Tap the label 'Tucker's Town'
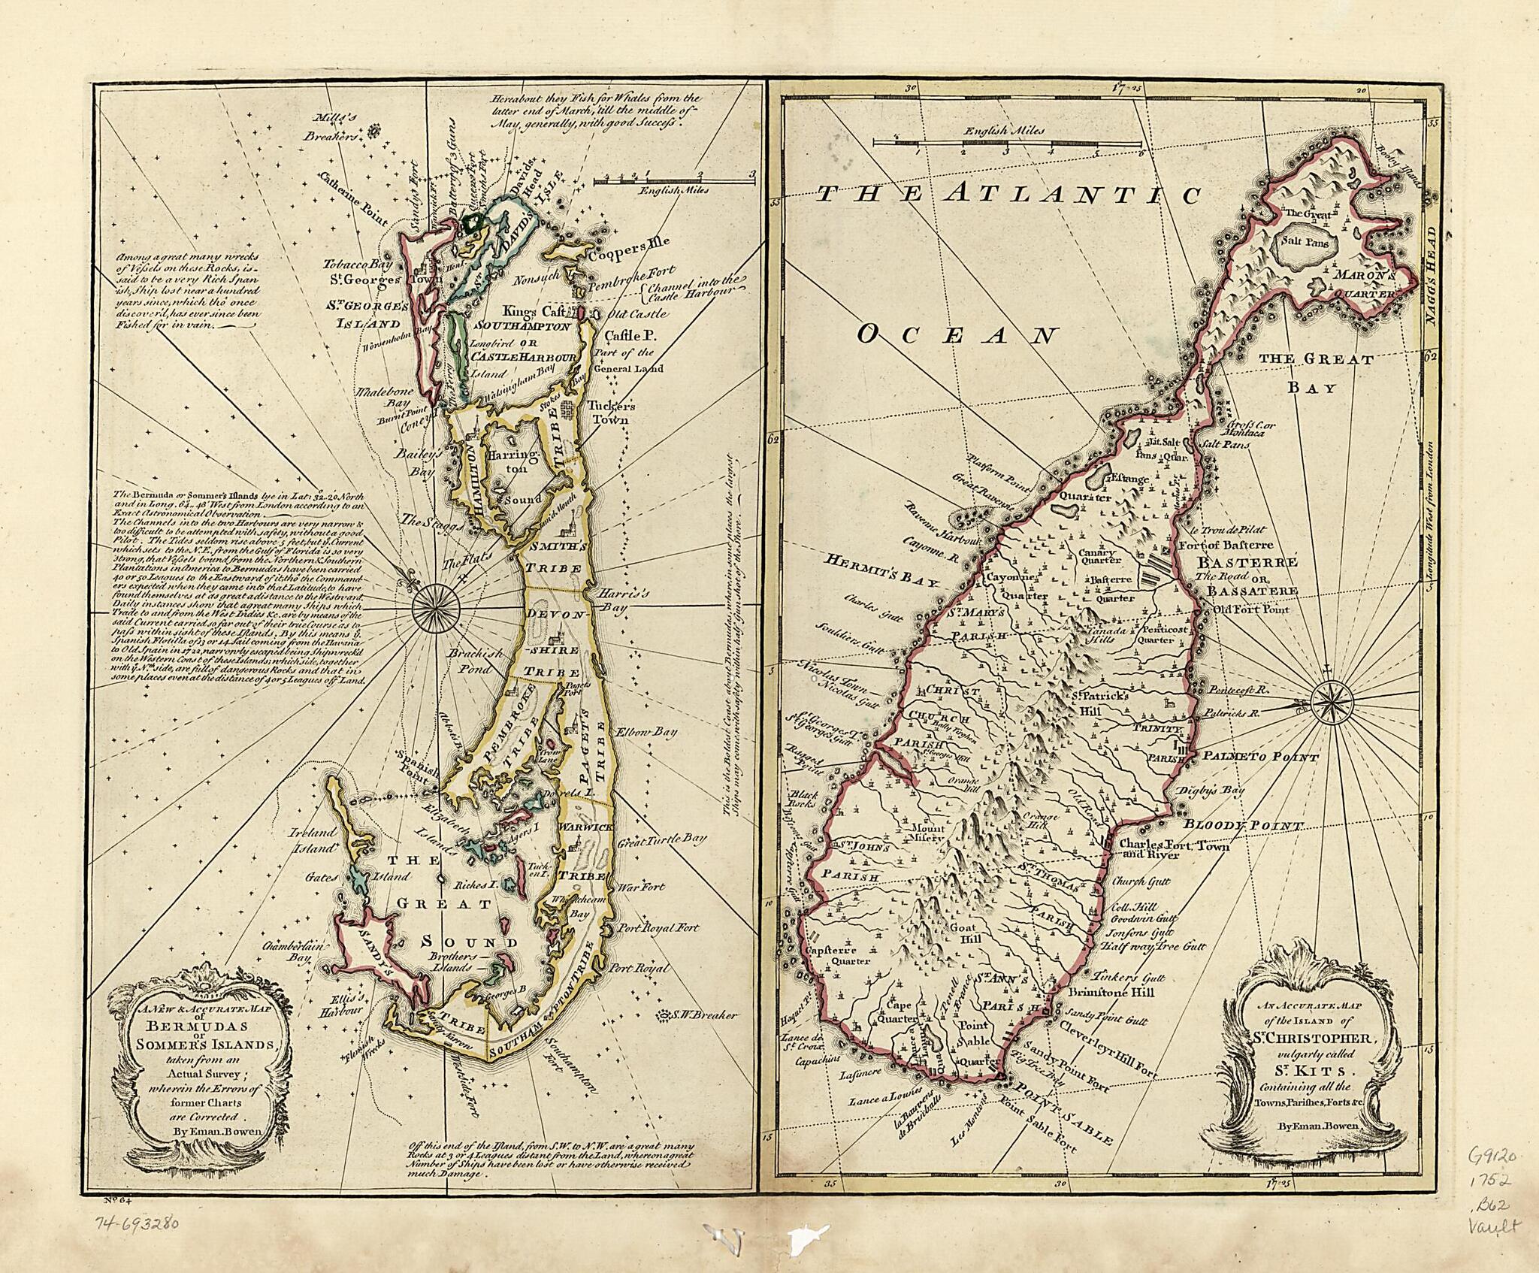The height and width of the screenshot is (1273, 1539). pos(612,413)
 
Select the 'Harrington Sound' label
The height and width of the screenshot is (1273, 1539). pos(514,476)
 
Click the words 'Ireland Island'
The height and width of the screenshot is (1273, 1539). pos(313,840)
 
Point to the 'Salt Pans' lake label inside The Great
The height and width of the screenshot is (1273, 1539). pos(1306,243)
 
